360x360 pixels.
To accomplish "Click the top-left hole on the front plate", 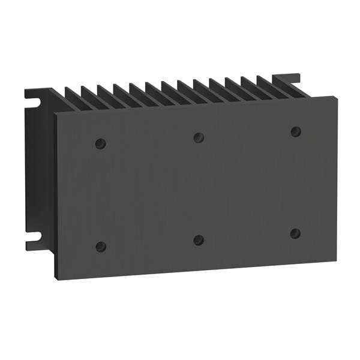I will [x=101, y=143].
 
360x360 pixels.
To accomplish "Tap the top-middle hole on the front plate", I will [x=199, y=137].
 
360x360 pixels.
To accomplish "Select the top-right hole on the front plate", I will [x=296, y=131].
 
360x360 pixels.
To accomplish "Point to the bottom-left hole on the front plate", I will [x=101, y=247].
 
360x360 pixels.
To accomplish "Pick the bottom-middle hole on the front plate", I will [x=199, y=240].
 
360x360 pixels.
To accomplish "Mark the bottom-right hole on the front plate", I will [x=295, y=233].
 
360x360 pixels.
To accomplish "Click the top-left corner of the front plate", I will [x=56, y=113].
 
